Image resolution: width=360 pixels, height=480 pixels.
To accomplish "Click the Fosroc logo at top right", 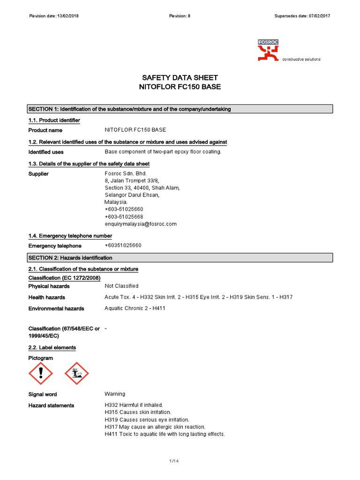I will pos(269,51).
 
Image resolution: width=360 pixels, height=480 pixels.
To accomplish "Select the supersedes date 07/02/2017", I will pos(319,16).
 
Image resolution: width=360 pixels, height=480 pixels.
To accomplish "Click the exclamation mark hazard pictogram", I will pos(41,373).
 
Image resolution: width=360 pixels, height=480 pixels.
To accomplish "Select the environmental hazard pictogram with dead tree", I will pos(76,373).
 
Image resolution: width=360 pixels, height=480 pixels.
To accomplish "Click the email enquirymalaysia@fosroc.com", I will pos(141,224).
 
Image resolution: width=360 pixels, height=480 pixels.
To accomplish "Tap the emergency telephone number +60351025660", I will pos(123,246).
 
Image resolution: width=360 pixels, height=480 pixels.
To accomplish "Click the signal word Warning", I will pos(115,394).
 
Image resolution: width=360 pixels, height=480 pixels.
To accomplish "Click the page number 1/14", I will pos(174,462).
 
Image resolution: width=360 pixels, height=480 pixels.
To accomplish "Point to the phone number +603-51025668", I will pos(124,217).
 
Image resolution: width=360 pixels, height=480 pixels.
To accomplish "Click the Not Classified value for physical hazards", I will pos(121,286).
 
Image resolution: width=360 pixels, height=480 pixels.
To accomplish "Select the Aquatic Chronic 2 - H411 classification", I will pos(135,308).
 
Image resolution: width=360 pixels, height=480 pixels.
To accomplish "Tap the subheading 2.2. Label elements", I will pos(52,348).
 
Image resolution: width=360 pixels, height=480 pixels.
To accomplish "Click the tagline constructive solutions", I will pos(301,60).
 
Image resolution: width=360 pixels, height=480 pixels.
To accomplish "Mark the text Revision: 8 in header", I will pos(180,16).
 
